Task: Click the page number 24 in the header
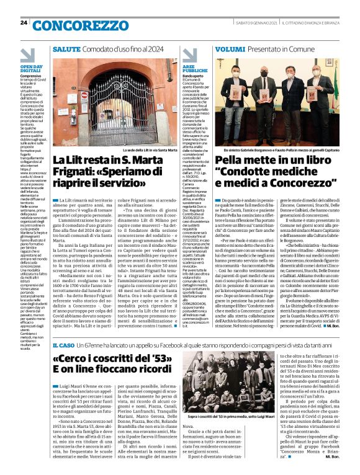coord(24,23)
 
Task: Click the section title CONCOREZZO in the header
coord(74,25)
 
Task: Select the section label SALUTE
coord(66,48)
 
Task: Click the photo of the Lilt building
coord(115,102)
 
